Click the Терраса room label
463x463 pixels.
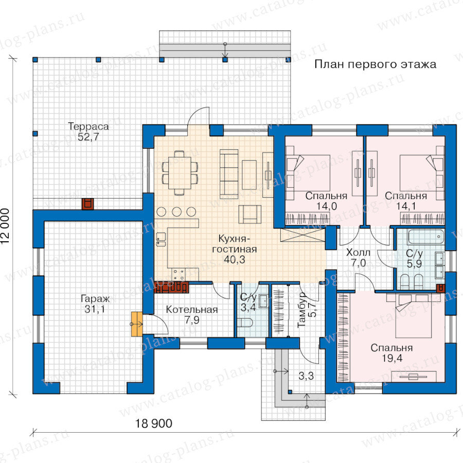pyautogui.click(x=88, y=127)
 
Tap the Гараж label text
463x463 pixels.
pyautogui.click(x=95, y=299)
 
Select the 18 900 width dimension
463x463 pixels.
pyautogui.click(x=153, y=423)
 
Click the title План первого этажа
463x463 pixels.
pyautogui.click(x=376, y=64)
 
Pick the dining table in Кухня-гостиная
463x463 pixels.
pyautogui.click(x=180, y=173)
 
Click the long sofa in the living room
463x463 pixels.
pyautogui.click(x=229, y=174)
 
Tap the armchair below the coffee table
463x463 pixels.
pyautogui.click(x=250, y=215)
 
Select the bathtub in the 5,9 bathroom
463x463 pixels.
pyautogui.click(x=426, y=237)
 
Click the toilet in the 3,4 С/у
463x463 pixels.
pyautogui.click(x=245, y=323)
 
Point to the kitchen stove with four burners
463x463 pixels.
pyautogui.click(x=179, y=274)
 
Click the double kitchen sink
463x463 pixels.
pyautogui.click(x=161, y=239)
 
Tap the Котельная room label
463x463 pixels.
pyautogui.click(x=192, y=310)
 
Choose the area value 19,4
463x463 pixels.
pyautogui.click(x=392, y=358)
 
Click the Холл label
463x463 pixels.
pyautogui.click(x=358, y=253)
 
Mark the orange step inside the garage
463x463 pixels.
pyautogui.click(x=137, y=324)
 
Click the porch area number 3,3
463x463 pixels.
pyautogui.click(x=306, y=376)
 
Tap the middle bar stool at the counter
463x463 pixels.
pyautogui.click(x=176, y=212)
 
